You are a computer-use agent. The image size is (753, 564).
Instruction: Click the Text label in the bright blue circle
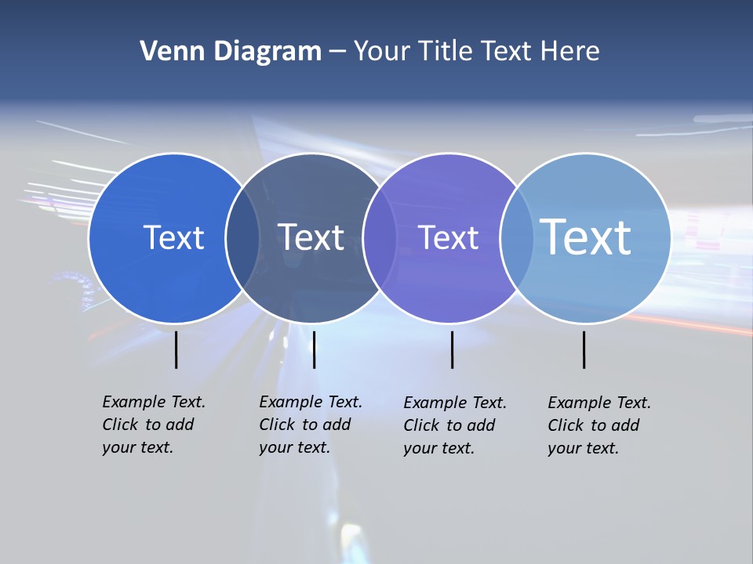(x=173, y=237)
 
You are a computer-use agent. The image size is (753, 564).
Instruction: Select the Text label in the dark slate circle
(x=311, y=237)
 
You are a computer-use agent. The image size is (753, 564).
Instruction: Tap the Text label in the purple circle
(x=448, y=237)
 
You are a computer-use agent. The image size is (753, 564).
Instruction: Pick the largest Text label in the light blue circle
(x=586, y=237)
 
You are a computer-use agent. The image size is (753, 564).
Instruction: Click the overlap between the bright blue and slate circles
(x=242, y=237)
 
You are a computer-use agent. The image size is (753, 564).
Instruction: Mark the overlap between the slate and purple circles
(x=380, y=237)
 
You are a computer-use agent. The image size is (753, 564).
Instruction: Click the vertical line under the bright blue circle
(x=176, y=349)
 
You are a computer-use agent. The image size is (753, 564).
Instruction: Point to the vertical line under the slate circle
(x=314, y=349)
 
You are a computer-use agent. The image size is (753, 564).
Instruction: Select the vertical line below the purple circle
(x=453, y=349)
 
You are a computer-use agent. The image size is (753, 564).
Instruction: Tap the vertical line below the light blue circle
(x=584, y=349)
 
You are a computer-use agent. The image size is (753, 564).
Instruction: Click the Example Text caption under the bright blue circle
(x=154, y=425)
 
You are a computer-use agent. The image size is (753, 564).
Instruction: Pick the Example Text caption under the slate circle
(x=311, y=425)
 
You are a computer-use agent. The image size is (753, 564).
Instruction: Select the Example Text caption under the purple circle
(x=455, y=425)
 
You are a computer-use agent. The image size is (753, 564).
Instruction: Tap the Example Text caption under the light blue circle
(x=599, y=425)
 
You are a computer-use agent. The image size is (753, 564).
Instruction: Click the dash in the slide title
(x=337, y=52)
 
